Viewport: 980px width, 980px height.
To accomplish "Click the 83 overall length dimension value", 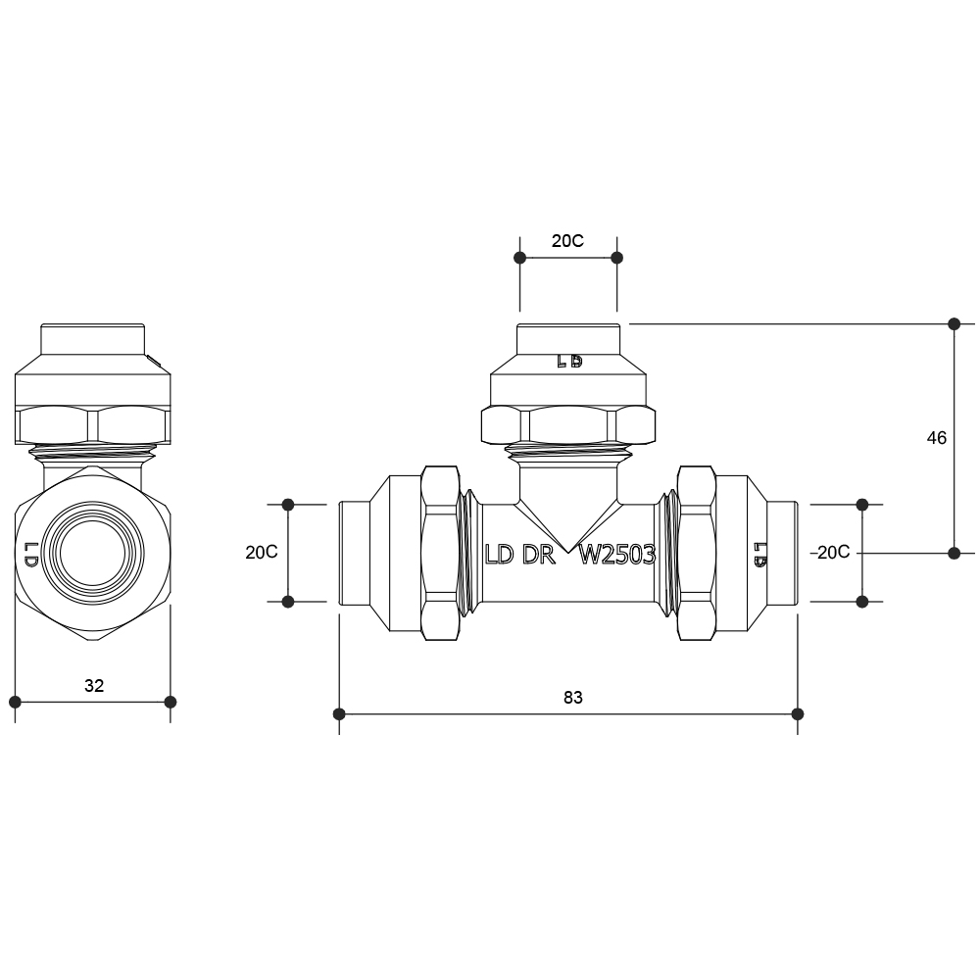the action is (572, 698).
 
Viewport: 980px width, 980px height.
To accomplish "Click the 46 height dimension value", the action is (936, 438).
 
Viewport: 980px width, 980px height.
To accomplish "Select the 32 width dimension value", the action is (94, 686).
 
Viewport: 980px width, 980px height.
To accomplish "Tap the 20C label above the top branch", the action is (567, 241).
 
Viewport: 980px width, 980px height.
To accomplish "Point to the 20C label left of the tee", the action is (262, 553).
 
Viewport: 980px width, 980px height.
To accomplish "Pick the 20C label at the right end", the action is (833, 553).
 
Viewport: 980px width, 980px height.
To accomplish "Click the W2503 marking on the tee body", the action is (617, 555).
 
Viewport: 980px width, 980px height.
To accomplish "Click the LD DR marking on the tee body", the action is (520, 555).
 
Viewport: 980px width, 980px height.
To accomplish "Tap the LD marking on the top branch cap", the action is (569, 362).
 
